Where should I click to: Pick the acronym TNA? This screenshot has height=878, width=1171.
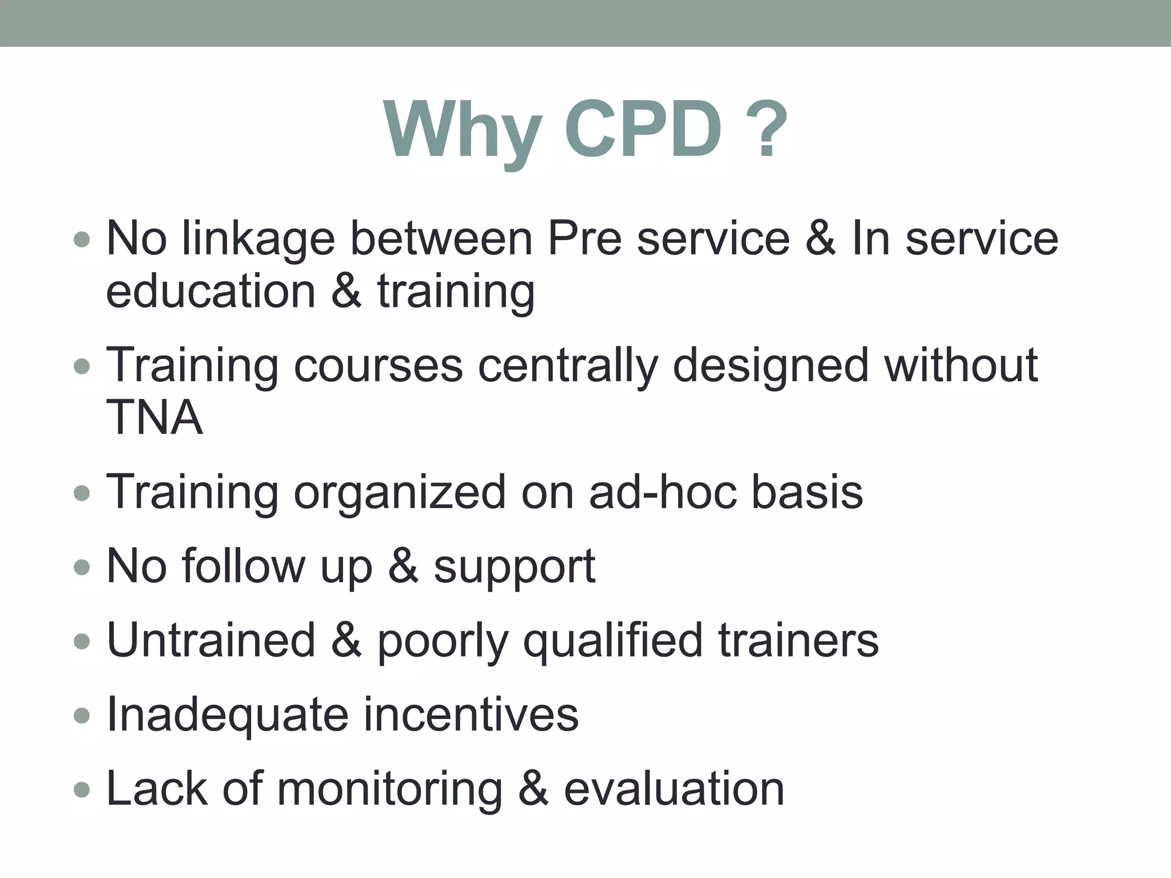pos(154,417)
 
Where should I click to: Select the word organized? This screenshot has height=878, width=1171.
pos(400,493)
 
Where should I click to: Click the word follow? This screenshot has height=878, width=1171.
pos(244,566)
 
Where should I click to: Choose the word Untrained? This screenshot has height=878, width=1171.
pos(211,640)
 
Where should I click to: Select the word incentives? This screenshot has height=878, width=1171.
pos(471,714)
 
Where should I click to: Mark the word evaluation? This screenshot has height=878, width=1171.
pos(674,788)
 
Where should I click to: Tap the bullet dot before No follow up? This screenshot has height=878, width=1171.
pos(82,567)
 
